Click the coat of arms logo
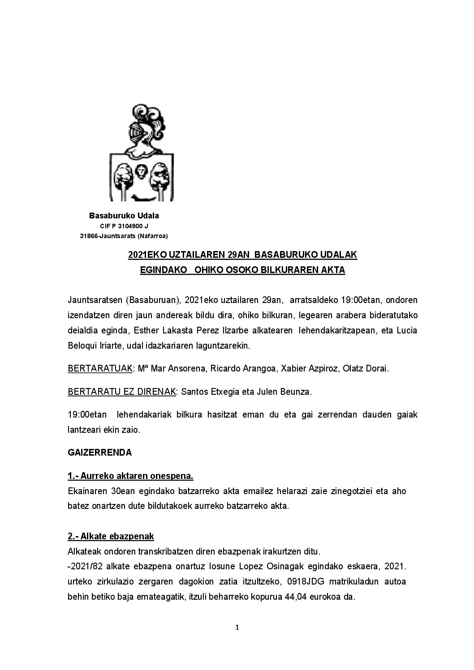click(142, 152)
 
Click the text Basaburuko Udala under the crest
click(124, 216)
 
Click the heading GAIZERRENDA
click(100, 452)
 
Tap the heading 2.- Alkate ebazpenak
click(111, 536)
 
